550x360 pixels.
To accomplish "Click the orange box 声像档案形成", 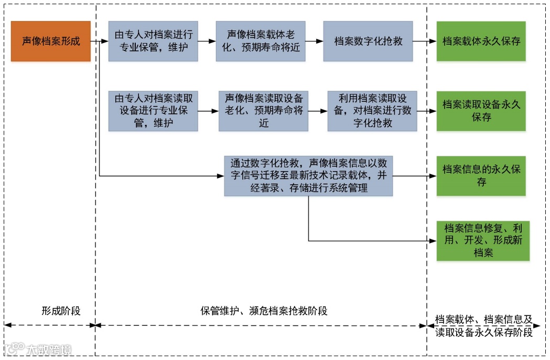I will [51, 41].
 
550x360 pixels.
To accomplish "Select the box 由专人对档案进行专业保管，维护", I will [153, 41].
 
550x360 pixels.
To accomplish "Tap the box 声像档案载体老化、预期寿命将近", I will [261, 41].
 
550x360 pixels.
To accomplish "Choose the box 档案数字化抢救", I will [368, 41].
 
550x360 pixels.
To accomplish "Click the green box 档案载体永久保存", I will [481, 41].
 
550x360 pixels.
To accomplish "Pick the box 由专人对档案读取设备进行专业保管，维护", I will [153, 111].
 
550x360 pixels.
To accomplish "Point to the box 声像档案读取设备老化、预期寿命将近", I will [264, 111].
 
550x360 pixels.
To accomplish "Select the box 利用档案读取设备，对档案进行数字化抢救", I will [372, 111].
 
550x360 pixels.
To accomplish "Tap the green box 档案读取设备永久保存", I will [481, 111].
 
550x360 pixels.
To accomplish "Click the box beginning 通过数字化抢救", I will [308, 176].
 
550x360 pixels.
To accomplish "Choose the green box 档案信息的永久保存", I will [481, 176].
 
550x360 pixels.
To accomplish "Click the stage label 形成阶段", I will [61, 311].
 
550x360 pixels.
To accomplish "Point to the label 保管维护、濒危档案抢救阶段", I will [264, 311].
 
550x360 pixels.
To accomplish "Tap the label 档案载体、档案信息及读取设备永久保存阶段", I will [483, 325].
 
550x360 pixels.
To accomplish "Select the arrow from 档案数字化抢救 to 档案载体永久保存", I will [425, 41].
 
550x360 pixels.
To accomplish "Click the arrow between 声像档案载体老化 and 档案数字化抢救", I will [314, 41].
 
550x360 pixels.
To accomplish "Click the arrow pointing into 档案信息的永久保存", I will [415, 176].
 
